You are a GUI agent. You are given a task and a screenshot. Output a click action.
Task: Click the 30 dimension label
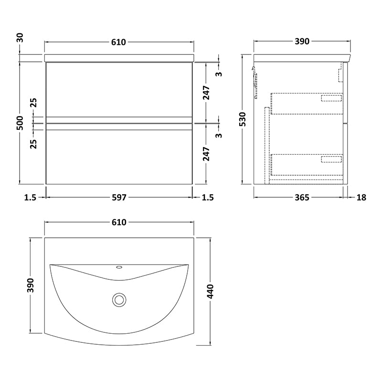[x=21, y=38]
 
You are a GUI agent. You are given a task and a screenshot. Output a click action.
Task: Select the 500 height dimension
[x=21, y=123]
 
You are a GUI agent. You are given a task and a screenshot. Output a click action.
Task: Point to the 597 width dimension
[x=119, y=197]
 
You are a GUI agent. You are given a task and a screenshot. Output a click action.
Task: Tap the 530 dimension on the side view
[x=243, y=119]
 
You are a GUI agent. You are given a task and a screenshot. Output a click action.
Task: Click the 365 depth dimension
[x=302, y=197]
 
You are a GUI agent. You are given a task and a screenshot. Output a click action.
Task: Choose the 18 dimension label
[x=361, y=197]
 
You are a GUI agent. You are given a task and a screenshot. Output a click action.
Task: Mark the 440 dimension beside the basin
[x=210, y=291]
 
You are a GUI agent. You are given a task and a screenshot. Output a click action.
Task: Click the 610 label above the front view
[x=118, y=42]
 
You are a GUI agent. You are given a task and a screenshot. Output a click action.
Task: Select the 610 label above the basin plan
[x=119, y=222]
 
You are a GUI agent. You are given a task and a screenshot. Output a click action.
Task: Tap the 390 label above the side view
[x=302, y=42]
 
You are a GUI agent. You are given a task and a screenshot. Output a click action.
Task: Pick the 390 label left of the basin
[x=31, y=285]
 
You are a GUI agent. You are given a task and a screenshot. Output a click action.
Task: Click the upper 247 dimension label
[x=207, y=92]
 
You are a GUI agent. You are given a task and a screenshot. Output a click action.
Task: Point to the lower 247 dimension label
[x=207, y=154]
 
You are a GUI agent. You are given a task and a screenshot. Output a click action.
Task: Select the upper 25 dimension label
[x=33, y=103]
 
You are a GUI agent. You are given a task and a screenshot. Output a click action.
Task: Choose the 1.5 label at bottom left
[x=30, y=197]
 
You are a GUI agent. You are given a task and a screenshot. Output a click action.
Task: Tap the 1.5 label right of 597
[x=208, y=197]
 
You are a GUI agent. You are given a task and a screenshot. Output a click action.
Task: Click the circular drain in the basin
[x=119, y=300]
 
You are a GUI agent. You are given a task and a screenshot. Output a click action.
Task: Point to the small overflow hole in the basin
[x=119, y=267]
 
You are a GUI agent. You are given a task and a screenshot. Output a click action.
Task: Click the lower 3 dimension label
[x=220, y=135]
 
